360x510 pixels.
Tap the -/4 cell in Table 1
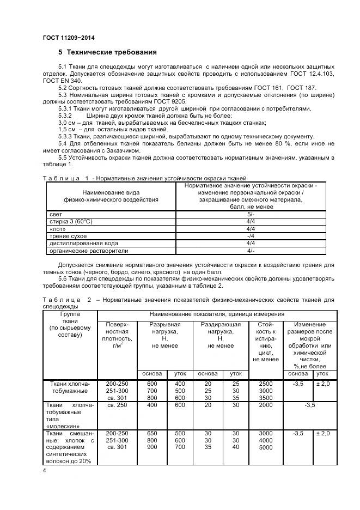point(251,236)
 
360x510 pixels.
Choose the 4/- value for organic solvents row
point(251,251)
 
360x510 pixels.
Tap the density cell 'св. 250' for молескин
point(117,405)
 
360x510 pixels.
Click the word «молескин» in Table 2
point(64,426)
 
